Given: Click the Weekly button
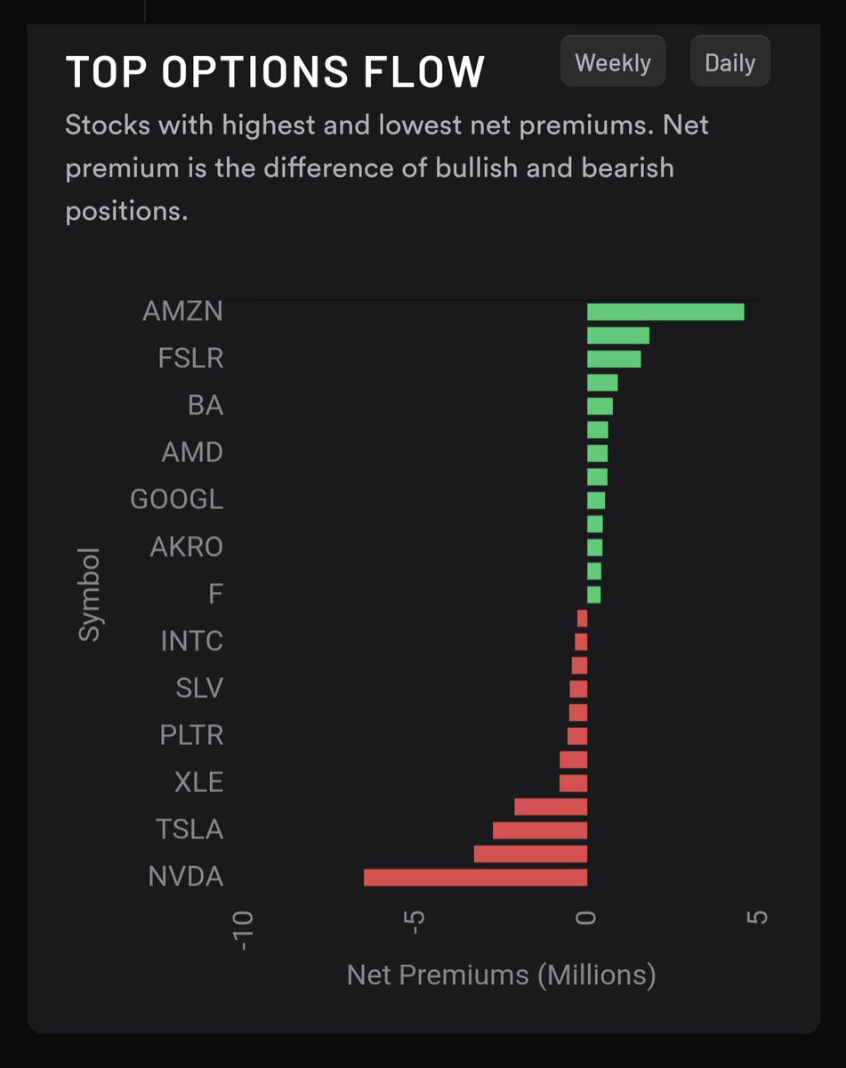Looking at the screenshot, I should point(613,62).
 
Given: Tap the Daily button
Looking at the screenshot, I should point(729,62).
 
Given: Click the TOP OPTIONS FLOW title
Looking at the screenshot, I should point(275,72).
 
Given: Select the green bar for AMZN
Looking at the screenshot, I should point(665,311).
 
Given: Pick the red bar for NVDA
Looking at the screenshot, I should point(475,878).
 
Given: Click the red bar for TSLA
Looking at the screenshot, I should point(540,830).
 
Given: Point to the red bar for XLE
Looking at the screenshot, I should point(573,783).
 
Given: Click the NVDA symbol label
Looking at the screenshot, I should point(186,878).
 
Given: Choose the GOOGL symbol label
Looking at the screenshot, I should point(177,500).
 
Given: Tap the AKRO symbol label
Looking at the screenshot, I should point(186,547).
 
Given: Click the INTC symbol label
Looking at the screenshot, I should point(191,641).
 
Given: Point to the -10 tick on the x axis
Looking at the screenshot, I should point(245,930).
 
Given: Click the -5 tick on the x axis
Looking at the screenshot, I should point(415,930).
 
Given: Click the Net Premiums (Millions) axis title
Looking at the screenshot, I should point(501,975).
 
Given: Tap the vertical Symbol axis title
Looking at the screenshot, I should point(90,594).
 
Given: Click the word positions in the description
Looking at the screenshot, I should point(125,212).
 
